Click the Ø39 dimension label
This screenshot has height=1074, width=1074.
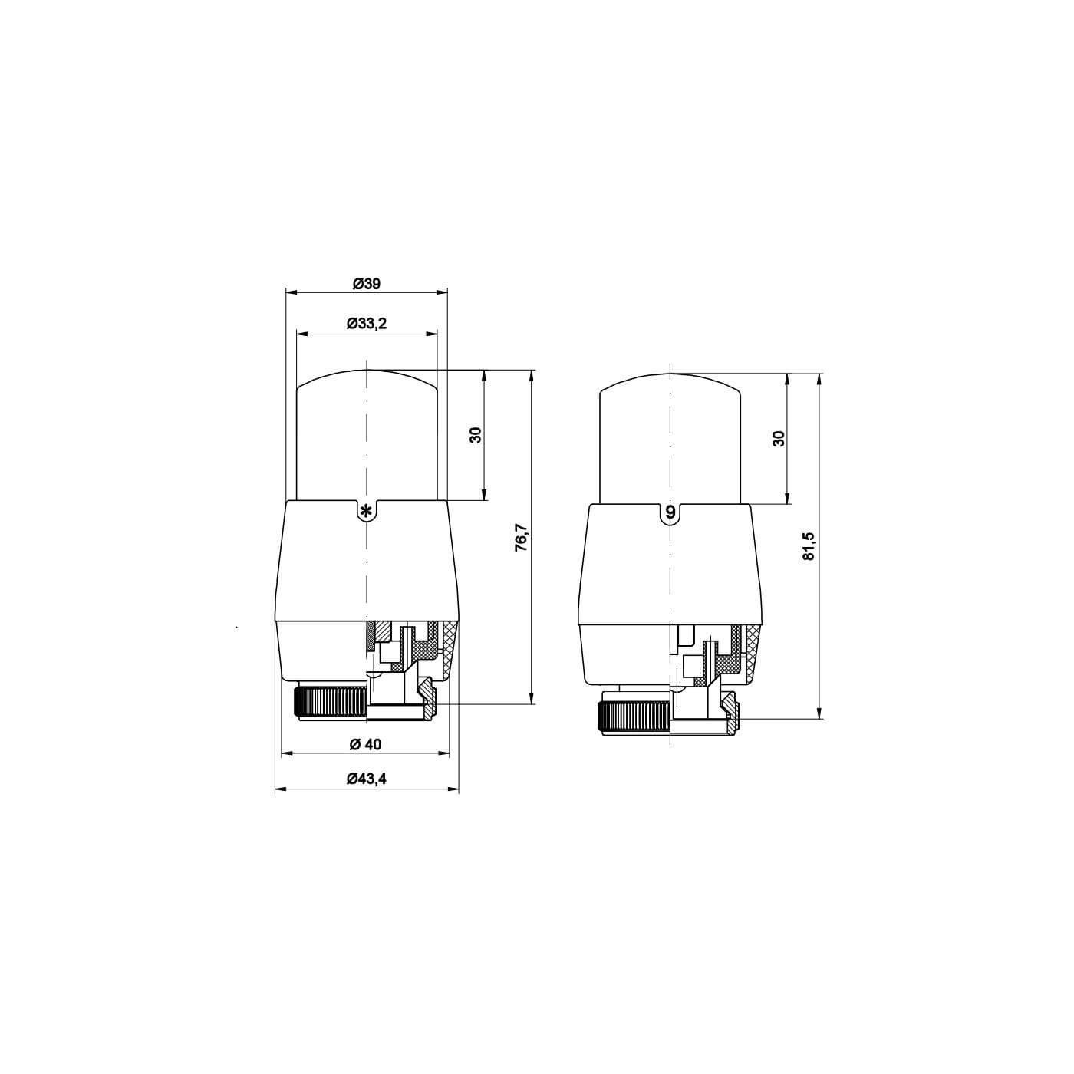click(366, 283)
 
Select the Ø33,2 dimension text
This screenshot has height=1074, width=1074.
click(366, 323)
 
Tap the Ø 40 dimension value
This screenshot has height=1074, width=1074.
click(366, 744)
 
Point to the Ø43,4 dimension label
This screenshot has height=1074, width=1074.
click(366, 779)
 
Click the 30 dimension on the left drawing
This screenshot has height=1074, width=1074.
click(476, 435)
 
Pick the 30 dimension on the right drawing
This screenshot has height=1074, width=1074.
click(779, 438)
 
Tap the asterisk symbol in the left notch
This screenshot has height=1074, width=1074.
click(366, 510)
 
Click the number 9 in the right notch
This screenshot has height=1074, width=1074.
click(671, 511)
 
